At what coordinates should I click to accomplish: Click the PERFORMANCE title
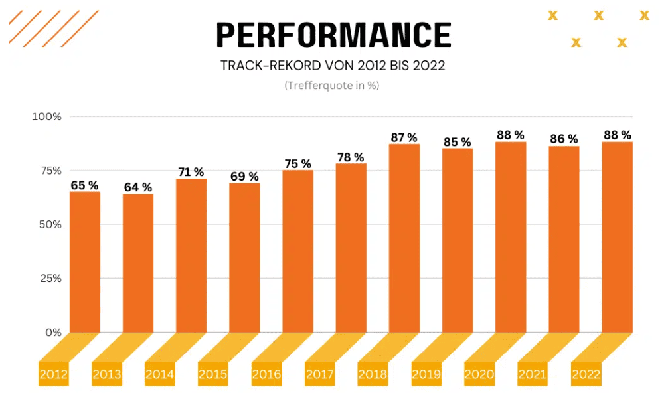[x=333, y=35]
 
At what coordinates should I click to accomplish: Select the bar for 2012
[x=85, y=262]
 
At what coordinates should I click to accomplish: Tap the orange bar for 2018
[x=404, y=238]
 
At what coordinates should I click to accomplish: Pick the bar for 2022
[x=617, y=237]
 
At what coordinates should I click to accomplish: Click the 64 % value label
[x=138, y=187]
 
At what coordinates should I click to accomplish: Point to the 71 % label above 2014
[x=191, y=172]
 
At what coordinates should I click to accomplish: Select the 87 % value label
[x=404, y=137]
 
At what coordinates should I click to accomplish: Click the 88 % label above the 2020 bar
[x=511, y=135]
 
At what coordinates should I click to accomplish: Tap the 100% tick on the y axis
[x=47, y=117]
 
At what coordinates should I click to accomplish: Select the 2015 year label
[x=212, y=374]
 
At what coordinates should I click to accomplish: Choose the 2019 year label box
[x=426, y=374]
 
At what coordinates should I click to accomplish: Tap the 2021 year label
[x=532, y=374]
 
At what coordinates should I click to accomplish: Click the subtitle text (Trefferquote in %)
[x=332, y=86]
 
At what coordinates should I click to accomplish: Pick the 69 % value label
[x=244, y=177]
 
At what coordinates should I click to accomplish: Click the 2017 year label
[x=319, y=374]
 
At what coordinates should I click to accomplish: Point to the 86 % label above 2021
[x=564, y=139]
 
